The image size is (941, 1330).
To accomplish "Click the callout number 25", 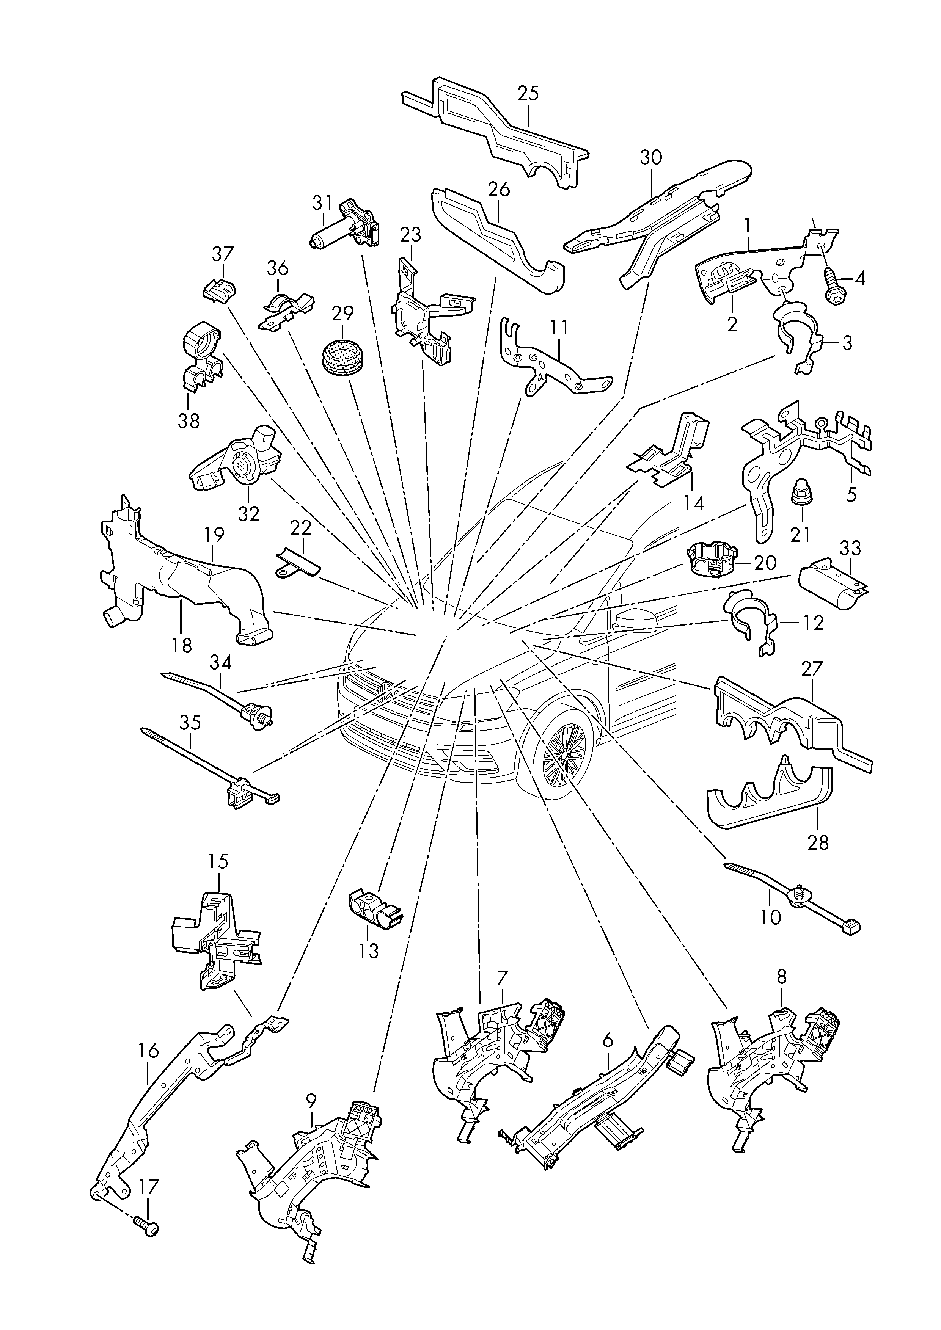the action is pyautogui.click(x=528, y=93).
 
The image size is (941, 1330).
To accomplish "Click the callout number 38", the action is pyautogui.click(x=189, y=420).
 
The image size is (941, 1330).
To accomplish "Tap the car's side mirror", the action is pyautogui.click(x=636, y=618).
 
